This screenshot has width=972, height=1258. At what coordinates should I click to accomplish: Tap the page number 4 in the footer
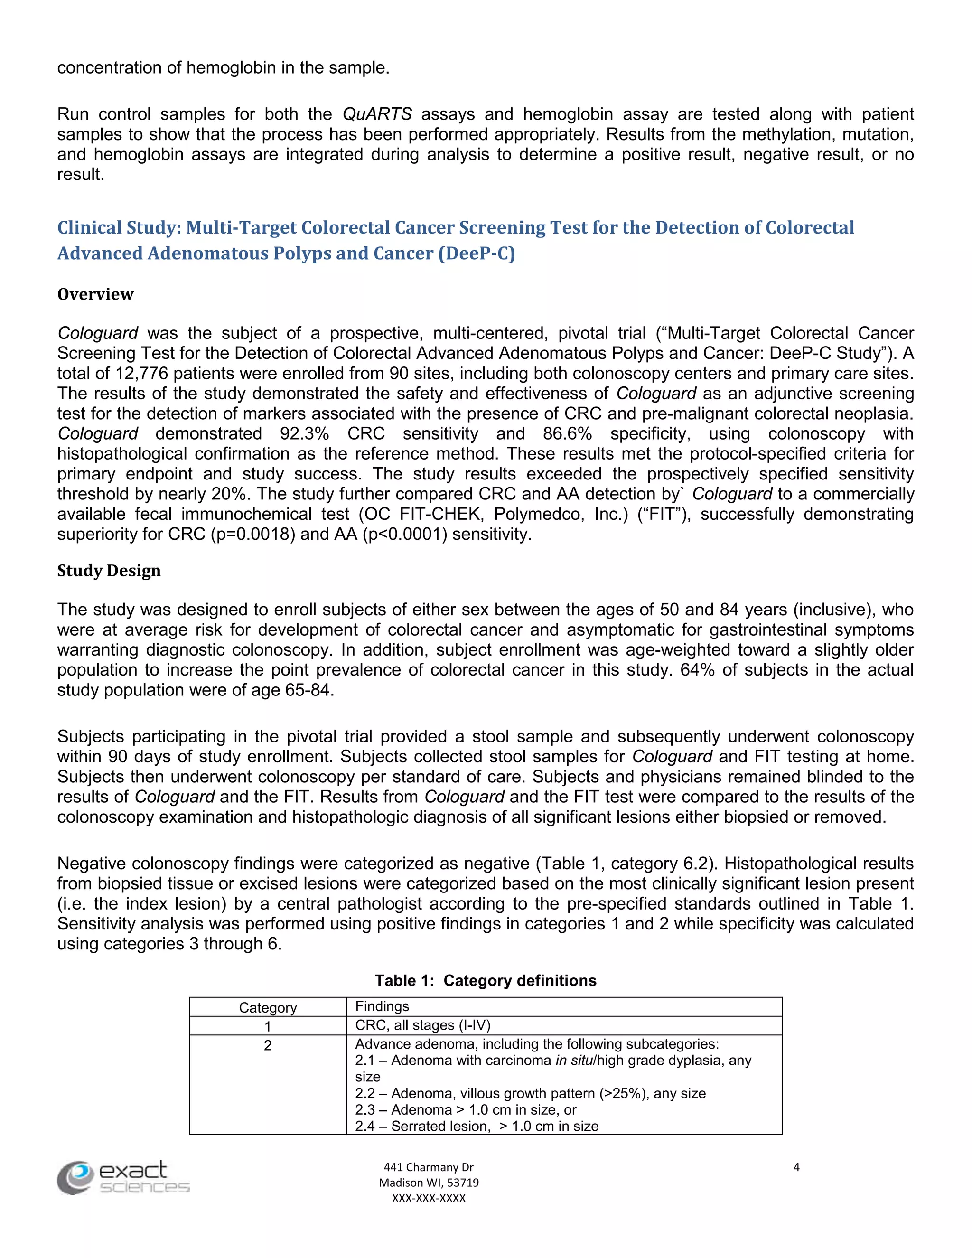tap(796, 1167)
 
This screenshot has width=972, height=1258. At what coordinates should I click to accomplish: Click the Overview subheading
tap(95, 294)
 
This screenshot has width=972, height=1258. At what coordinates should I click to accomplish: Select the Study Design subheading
tap(109, 571)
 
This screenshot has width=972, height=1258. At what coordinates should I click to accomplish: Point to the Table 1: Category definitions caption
tap(486, 980)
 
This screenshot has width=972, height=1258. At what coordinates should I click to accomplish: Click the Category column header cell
tap(268, 1007)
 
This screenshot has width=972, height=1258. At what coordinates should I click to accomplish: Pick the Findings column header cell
tap(383, 1006)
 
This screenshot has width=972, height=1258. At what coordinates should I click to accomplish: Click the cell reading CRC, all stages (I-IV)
tap(423, 1025)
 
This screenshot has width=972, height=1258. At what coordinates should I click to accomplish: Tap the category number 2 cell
tap(268, 1045)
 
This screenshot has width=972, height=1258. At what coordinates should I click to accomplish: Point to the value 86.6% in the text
tap(567, 434)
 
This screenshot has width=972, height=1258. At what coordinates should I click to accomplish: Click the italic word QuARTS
tap(377, 114)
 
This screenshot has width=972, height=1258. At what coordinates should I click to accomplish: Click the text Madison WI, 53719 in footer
tap(429, 1183)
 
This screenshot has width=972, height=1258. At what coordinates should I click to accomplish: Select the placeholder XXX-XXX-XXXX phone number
tap(429, 1198)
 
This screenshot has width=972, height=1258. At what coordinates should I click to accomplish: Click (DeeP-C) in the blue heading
tap(476, 253)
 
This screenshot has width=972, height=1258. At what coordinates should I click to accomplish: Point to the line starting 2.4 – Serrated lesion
tap(477, 1126)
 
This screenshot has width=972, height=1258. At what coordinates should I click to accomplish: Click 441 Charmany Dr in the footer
tap(429, 1167)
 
